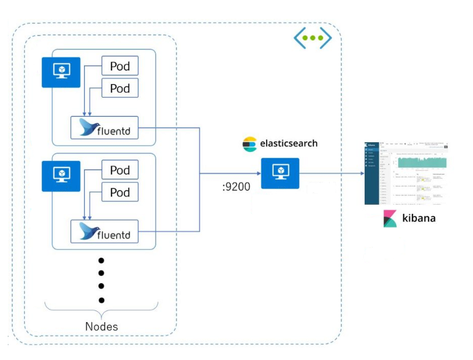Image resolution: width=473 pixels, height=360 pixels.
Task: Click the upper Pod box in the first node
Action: point(120,67)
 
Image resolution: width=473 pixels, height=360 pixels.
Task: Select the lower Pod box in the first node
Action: point(120,88)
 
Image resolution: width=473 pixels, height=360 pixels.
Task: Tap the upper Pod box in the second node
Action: point(120,170)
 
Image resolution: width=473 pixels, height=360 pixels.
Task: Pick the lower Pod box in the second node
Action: point(120,192)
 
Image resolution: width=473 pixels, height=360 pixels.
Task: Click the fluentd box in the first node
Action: point(105,127)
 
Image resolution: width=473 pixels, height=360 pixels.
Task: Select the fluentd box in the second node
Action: point(105,232)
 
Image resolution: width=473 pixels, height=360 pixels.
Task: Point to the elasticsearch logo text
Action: point(287,143)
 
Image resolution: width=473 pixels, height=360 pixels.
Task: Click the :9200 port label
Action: point(236,187)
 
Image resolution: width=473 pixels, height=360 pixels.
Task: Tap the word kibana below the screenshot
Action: point(418,218)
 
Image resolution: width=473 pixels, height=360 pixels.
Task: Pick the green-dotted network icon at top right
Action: point(313,38)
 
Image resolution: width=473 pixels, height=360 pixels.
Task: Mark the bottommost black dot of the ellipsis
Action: point(101,300)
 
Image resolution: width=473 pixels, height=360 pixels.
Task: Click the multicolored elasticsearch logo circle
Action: point(250,144)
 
